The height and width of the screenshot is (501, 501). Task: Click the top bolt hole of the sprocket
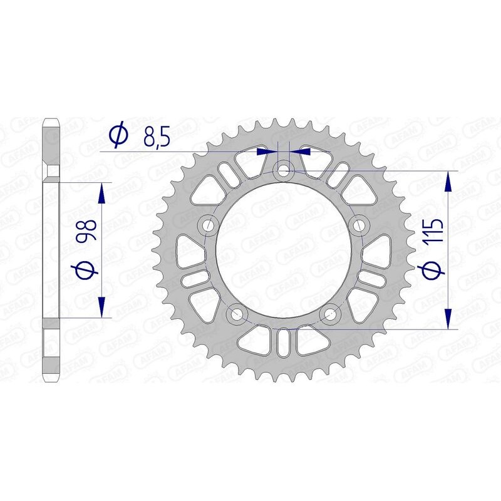(x=284, y=170)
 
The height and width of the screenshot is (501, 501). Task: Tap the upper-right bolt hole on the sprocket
(x=359, y=224)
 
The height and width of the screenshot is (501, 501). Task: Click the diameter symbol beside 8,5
(x=118, y=135)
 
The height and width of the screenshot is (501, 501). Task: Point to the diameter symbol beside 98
(x=85, y=270)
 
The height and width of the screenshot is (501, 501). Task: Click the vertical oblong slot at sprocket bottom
(x=284, y=344)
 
